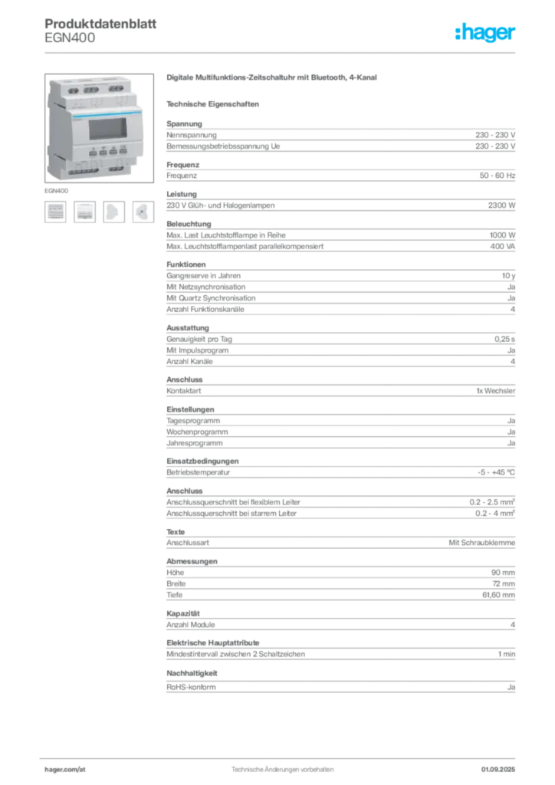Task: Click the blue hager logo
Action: [486, 32]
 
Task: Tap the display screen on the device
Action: [107, 129]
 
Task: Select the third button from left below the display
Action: [113, 152]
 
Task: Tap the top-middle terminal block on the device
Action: [90, 89]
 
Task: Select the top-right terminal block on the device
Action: [117, 89]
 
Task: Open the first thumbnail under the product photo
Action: [55, 212]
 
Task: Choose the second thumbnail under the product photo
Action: [84, 212]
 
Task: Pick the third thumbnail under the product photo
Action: [113, 212]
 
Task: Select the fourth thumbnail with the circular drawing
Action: [142, 212]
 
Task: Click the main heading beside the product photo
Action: [273, 78]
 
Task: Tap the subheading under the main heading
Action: [215, 103]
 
